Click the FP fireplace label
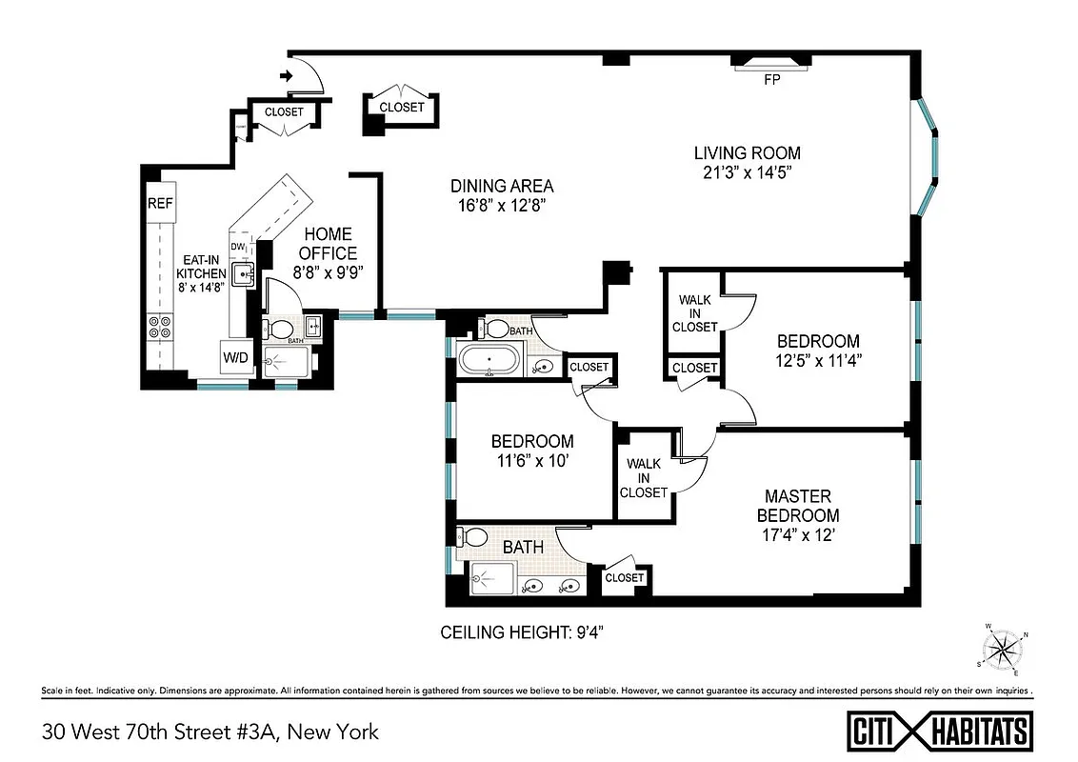tap(771, 81)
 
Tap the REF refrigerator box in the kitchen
tap(160, 204)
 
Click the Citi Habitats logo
tap(939, 731)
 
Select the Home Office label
tap(328, 244)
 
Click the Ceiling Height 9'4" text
tap(522, 632)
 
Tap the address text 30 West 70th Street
tap(210, 732)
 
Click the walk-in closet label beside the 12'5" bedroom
tap(694, 313)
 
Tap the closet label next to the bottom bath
tap(625, 577)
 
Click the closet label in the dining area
tap(402, 108)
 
